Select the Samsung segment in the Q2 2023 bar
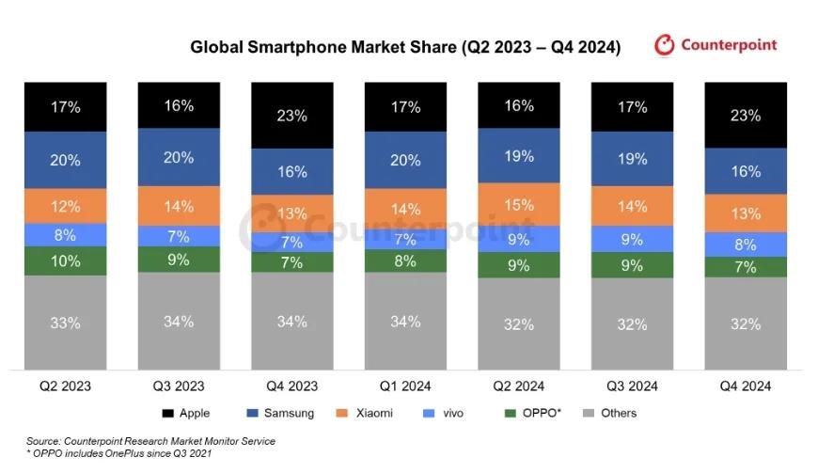66,160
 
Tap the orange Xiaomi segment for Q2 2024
518,204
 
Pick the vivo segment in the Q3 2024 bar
632,239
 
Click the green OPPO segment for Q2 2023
66,260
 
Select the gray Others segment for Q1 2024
404,322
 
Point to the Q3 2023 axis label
178,386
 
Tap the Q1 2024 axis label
404,386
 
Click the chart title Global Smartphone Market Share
405,47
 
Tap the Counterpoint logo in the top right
715,44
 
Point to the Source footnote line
150,440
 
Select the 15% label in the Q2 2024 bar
518,204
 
